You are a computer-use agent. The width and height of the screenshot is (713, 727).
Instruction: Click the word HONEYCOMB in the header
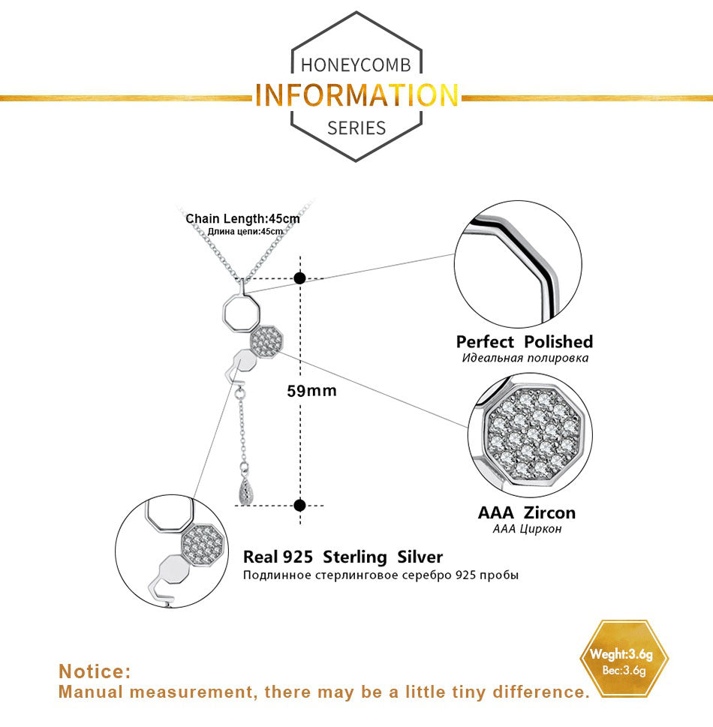[356, 65]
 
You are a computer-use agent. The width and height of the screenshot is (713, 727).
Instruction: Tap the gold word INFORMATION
[356, 95]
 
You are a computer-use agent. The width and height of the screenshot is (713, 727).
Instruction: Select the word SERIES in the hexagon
[356, 128]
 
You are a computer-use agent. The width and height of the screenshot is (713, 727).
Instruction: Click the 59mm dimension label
[311, 391]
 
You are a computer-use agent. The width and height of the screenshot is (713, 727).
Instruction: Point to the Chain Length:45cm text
[242, 219]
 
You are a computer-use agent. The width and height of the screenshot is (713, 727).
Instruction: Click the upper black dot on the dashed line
[299, 278]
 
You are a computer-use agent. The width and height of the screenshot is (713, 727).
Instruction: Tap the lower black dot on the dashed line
[299, 506]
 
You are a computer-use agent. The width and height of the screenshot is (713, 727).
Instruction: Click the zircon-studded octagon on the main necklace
[266, 341]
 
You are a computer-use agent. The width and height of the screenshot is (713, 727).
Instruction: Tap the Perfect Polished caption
[524, 341]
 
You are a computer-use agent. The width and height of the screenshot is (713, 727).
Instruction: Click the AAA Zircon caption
[527, 512]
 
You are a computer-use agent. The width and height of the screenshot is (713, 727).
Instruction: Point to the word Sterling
[355, 557]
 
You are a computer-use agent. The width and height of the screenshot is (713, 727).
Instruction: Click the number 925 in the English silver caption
[298, 557]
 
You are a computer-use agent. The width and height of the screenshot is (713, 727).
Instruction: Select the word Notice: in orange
[95, 671]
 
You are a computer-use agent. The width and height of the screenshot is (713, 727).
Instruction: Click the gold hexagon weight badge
[624, 659]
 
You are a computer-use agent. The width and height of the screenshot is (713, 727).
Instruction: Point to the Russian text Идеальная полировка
[525, 358]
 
